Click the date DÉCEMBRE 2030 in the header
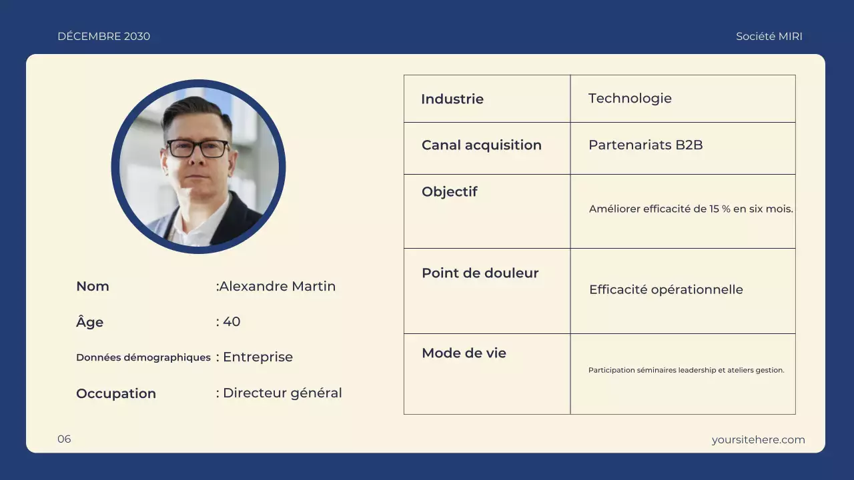click(x=103, y=37)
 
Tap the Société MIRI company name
click(x=769, y=37)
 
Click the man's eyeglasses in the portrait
click(x=197, y=148)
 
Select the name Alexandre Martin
click(x=277, y=286)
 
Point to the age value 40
click(x=231, y=321)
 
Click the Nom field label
click(x=93, y=286)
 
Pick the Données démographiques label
click(x=143, y=357)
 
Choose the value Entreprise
click(x=258, y=357)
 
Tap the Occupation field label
click(x=116, y=393)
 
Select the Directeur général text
click(x=282, y=393)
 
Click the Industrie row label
click(x=452, y=99)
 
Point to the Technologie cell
click(x=630, y=98)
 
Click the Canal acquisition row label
click(x=481, y=145)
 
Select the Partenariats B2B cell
click(x=645, y=145)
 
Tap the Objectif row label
click(x=450, y=191)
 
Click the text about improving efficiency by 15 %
click(x=691, y=209)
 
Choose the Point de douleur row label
click(x=480, y=273)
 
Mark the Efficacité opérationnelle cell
click(x=666, y=289)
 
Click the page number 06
click(x=64, y=439)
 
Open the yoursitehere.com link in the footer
click(x=758, y=439)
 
